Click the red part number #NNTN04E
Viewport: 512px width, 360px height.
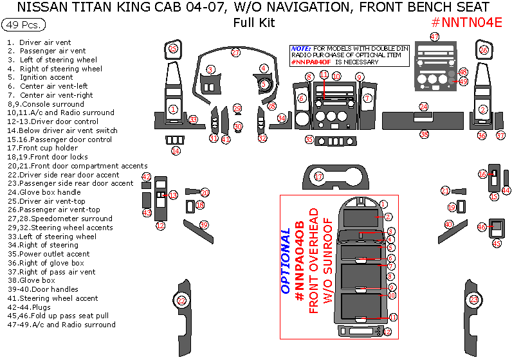466,22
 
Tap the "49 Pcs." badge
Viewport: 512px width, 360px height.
24,25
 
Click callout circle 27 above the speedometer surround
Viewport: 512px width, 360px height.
236,52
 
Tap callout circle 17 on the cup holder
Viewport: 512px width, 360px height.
318,176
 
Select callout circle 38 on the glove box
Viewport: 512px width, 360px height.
424,134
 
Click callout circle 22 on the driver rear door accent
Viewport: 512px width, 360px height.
182,301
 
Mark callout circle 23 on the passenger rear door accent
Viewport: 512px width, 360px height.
474,300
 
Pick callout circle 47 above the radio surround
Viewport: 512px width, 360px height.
435,37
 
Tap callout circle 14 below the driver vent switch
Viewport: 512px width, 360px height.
176,151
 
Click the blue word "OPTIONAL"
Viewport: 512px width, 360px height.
286,262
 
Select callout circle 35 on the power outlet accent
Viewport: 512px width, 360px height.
309,139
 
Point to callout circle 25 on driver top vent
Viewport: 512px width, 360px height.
172,48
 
